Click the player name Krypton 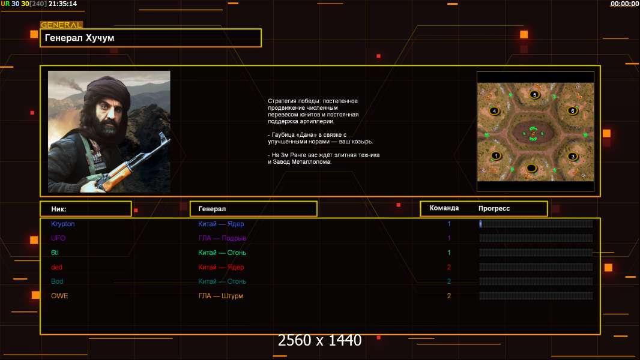(x=63, y=224)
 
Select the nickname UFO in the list (x=58, y=238)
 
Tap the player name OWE (x=59, y=296)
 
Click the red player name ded (x=56, y=267)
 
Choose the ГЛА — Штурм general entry (x=221, y=296)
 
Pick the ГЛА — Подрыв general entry (x=222, y=238)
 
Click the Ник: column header (x=59, y=209)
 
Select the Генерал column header (x=212, y=209)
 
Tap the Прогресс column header (x=494, y=208)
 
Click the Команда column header (x=444, y=208)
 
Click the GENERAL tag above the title (x=61, y=25)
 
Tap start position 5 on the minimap (x=534, y=94)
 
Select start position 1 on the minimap (x=496, y=155)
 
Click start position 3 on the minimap (x=573, y=157)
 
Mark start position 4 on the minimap (x=494, y=111)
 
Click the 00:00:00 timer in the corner (x=624, y=4)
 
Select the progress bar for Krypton (x=536, y=224)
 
